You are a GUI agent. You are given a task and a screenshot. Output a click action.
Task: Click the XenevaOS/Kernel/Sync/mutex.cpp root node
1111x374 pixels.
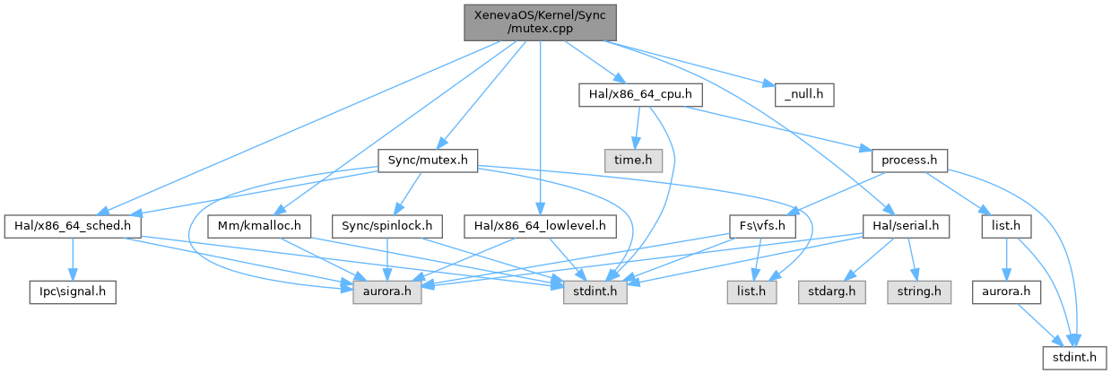(x=540, y=21)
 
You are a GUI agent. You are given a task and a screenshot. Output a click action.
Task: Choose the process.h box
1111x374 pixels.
(x=909, y=161)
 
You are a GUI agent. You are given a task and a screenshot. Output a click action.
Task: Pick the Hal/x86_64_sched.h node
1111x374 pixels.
(x=74, y=226)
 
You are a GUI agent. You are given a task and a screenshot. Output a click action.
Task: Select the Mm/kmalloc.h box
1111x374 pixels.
(x=258, y=226)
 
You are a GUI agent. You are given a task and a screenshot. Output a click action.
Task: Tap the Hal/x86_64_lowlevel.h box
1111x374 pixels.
(x=541, y=226)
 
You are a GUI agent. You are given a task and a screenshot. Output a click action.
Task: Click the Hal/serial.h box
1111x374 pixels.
(x=904, y=226)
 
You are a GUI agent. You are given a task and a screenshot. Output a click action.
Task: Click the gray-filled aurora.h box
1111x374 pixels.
(x=386, y=291)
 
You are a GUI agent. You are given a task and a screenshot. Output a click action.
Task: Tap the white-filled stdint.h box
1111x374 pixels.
(x=1068, y=358)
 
